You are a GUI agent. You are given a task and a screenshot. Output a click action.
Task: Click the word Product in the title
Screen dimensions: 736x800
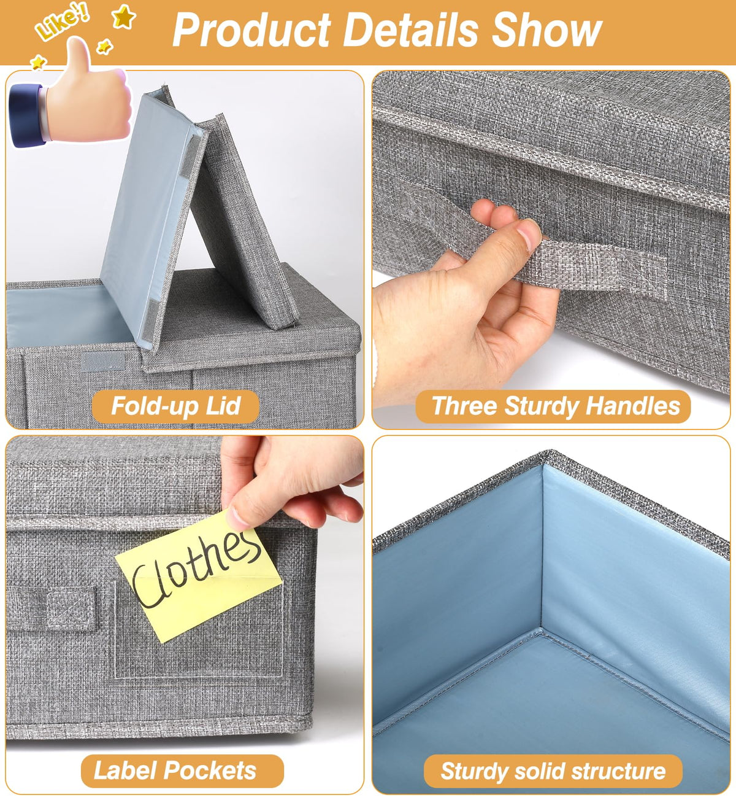click(x=252, y=30)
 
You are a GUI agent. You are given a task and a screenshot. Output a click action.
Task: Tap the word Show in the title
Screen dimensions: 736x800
click(x=546, y=29)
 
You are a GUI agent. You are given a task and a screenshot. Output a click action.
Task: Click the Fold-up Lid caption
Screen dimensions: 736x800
click(x=175, y=406)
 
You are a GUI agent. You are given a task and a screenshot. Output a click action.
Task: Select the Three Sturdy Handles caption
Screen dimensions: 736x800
click(x=553, y=406)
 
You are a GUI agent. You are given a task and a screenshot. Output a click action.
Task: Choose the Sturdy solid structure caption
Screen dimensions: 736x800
click(x=553, y=771)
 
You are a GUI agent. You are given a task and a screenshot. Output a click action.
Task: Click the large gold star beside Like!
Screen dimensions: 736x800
click(x=123, y=17)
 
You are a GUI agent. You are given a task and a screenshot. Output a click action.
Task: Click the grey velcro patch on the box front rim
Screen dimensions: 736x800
click(x=102, y=361)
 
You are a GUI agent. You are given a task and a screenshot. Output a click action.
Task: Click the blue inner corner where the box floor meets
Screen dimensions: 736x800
click(x=541, y=630)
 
